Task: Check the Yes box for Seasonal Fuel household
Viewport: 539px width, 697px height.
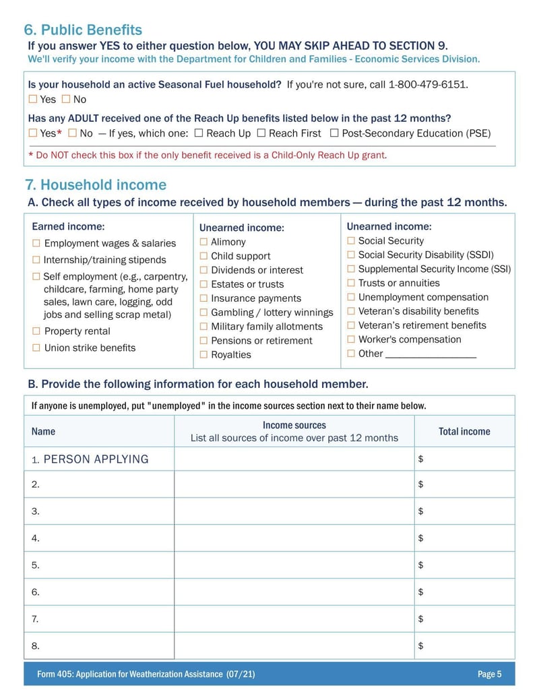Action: (x=33, y=100)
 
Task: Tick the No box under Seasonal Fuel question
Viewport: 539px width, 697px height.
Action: (x=66, y=100)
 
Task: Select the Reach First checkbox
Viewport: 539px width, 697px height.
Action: (x=261, y=133)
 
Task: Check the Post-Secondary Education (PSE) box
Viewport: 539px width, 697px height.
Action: (x=334, y=133)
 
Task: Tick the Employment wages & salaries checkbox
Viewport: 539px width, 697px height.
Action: (x=36, y=243)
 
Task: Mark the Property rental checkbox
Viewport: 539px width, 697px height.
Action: (x=36, y=331)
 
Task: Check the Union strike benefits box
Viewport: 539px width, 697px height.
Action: (x=36, y=347)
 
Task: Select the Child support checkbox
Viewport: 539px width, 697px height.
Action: (x=203, y=256)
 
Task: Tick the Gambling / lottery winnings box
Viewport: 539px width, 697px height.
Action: (x=203, y=312)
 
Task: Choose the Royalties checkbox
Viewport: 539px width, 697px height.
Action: (x=203, y=355)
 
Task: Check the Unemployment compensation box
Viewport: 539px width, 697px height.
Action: (x=351, y=297)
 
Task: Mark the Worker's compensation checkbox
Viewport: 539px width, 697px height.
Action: (x=351, y=339)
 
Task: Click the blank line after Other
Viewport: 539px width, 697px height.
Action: (x=431, y=354)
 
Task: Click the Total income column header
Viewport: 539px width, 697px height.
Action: (x=464, y=432)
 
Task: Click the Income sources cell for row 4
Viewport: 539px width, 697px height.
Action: (x=294, y=538)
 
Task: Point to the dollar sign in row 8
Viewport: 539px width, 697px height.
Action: (x=420, y=646)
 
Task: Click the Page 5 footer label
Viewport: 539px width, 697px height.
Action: (x=489, y=674)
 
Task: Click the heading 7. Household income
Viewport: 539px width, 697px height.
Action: (x=96, y=185)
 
